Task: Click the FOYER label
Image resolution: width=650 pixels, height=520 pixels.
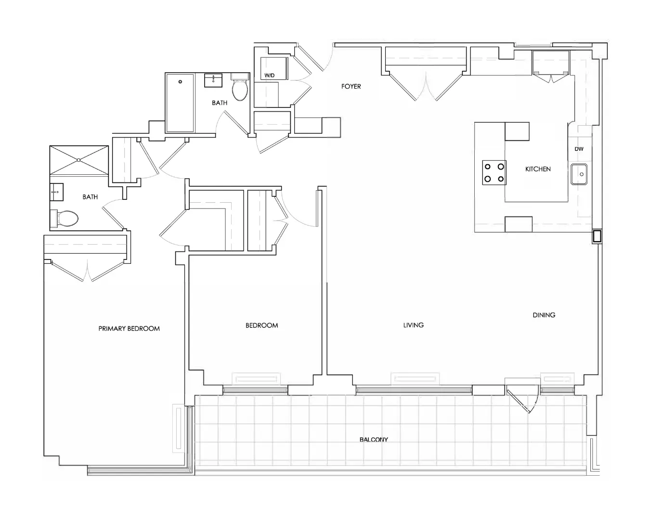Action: tap(351, 86)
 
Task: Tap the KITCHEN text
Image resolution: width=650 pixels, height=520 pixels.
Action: tap(538, 169)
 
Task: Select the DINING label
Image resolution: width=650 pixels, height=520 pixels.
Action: tap(544, 315)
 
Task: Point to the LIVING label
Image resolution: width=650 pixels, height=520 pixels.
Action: tap(413, 325)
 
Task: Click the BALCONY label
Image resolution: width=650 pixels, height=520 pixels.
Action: tap(374, 440)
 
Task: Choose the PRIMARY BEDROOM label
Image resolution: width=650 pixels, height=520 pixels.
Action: tap(129, 329)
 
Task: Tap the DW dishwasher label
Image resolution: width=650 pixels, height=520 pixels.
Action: tap(579, 149)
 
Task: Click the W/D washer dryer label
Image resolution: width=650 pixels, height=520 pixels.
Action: tap(270, 75)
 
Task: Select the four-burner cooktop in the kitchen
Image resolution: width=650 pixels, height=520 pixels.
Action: tap(494, 172)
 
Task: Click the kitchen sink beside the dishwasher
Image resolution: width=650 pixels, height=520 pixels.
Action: tap(579, 174)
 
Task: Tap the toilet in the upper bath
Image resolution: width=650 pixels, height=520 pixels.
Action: tap(240, 87)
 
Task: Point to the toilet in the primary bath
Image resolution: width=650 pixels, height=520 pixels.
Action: tap(65, 219)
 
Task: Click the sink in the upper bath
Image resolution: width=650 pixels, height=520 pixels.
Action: tap(213, 80)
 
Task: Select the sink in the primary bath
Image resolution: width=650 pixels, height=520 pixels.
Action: tap(56, 192)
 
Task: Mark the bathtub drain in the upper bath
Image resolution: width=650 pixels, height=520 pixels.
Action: tap(181, 81)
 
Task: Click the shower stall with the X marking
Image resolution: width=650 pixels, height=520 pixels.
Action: tap(79, 160)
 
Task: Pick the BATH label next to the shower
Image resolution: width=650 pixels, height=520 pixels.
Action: tap(90, 197)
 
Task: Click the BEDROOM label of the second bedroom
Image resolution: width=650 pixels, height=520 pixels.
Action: tap(261, 325)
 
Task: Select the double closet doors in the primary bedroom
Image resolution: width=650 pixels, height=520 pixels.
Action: tap(87, 271)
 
